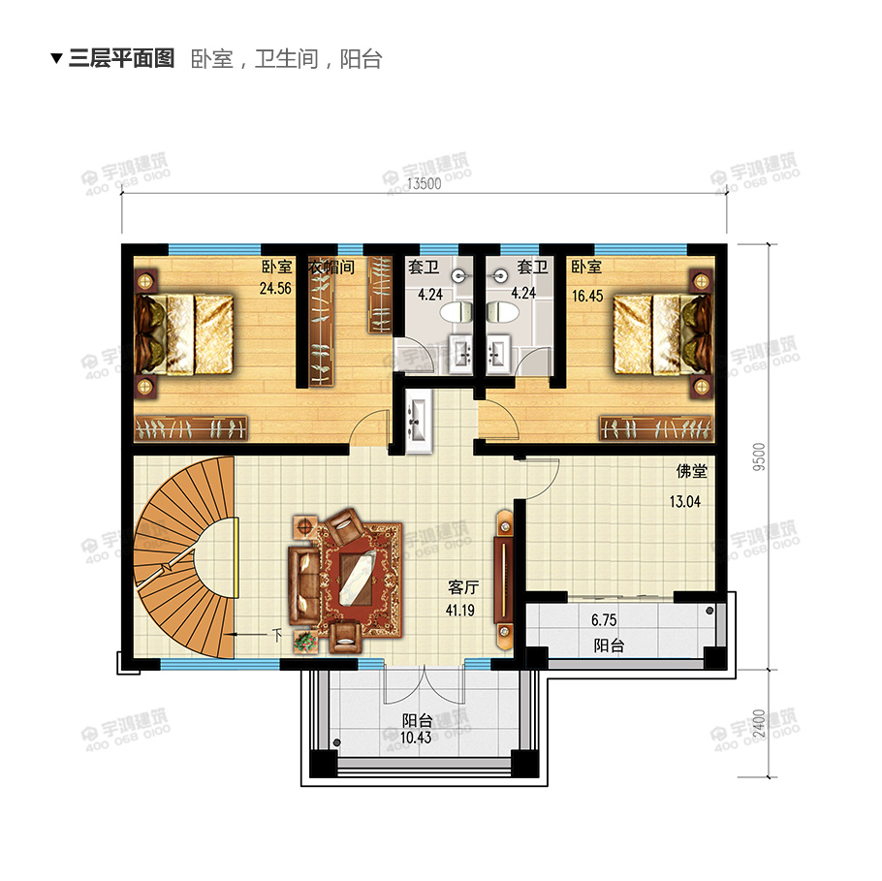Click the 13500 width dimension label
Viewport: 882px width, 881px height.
425,185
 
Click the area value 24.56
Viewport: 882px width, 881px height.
275,288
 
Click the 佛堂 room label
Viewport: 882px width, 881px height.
691,473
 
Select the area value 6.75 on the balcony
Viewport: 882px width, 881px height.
604,620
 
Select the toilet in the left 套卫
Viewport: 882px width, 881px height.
454,312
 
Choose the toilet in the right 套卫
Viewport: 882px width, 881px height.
500,312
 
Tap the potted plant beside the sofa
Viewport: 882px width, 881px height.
305,641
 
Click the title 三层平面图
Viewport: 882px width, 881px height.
121,59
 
